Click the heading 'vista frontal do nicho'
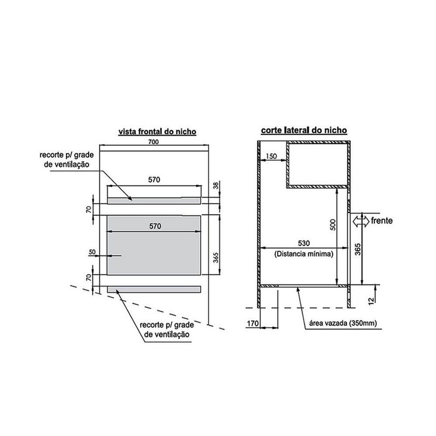pyautogui.click(x=158, y=131)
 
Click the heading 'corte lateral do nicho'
pyautogui.click(x=304, y=130)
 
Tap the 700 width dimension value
pyautogui.click(x=153, y=142)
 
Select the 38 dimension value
pyautogui.click(x=216, y=186)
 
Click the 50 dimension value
pyautogui.click(x=92, y=252)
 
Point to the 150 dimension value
pyautogui.click(x=271, y=156)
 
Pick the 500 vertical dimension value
pyautogui.click(x=333, y=225)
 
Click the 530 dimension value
pyautogui.click(x=304, y=244)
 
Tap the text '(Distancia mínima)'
pyautogui.click(x=304, y=254)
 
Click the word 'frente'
pyautogui.click(x=382, y=220)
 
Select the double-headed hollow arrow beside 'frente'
pyautogui.click(x=361, y=221)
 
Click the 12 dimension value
pyautogui.click(x=371, y=301)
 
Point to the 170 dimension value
pyautogui.click(x=253, y=323)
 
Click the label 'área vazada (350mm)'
pyautogui.click(x=343, y=323)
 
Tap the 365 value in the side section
pyautogui.click(x=358, y=249)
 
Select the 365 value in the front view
pyautogui.click(x=216, y=258)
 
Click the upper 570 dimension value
pyautogui.click(x=154, y=180)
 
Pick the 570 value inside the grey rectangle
pyautogui.click(x=155, y=226)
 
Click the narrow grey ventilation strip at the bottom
pyautogui.click(x=154, y=290)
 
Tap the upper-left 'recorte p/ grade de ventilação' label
pyautogui.click(x=67, y=159)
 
